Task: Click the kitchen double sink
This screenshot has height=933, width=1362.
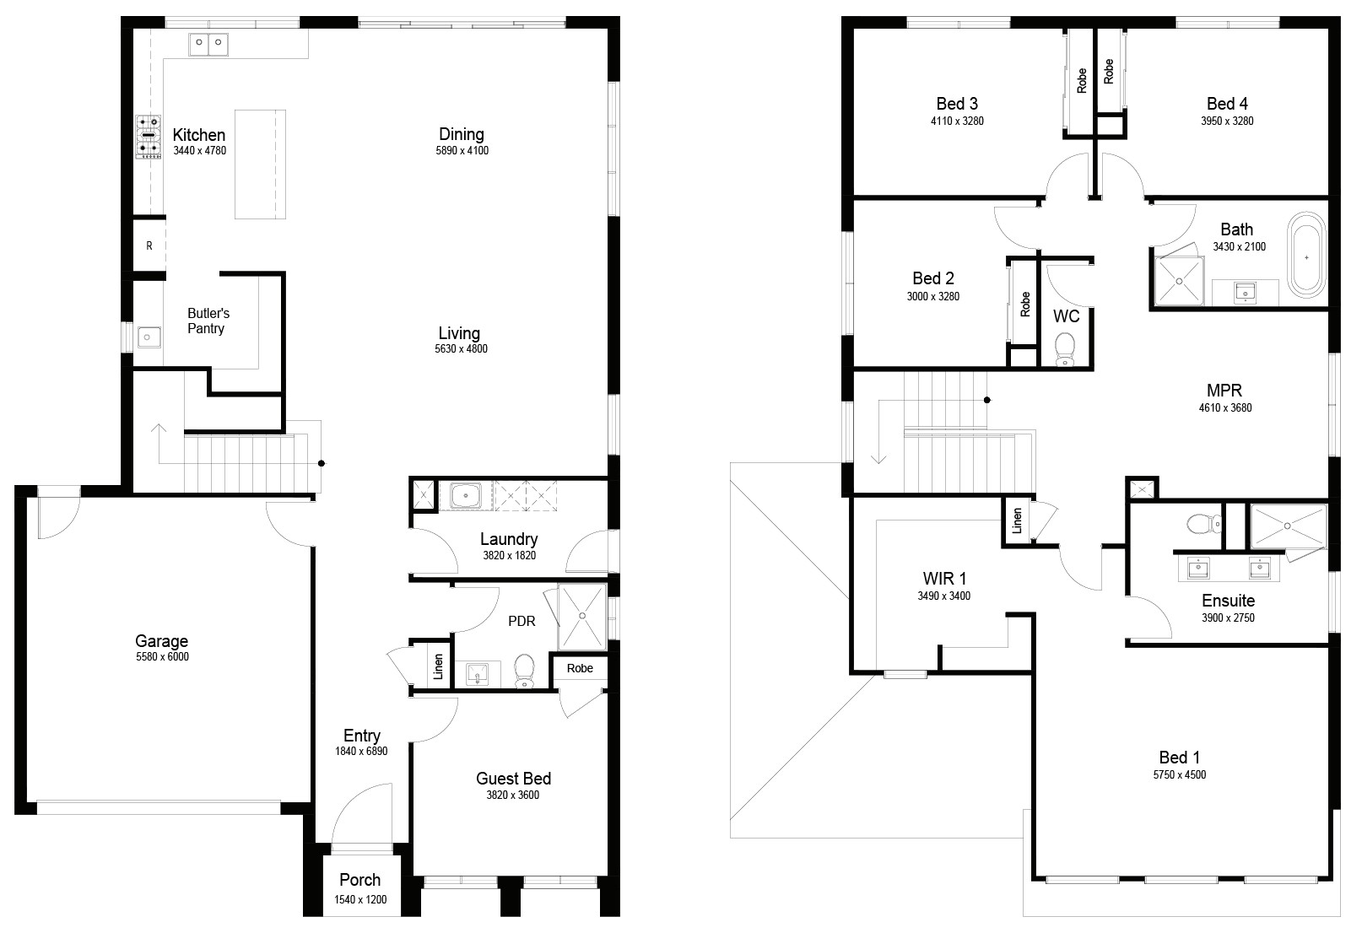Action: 208,45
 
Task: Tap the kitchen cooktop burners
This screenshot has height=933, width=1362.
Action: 149,138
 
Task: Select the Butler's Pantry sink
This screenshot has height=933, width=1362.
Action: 149,337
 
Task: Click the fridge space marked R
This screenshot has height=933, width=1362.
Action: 149,246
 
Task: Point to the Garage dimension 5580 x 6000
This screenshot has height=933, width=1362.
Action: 162,657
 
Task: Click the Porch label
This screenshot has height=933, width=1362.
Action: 360,880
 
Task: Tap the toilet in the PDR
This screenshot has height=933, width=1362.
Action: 524,671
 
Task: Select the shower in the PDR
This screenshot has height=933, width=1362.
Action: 582,617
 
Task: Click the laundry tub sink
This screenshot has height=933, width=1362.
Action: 465,496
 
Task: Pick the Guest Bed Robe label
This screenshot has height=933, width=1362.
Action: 580,669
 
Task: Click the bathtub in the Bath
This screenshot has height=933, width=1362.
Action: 1306,256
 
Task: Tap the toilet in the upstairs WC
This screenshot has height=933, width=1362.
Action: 1064,349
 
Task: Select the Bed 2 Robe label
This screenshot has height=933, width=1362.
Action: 1025,304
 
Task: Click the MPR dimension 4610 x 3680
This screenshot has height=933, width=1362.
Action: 1225,407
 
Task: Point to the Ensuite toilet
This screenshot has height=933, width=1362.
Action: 1204,523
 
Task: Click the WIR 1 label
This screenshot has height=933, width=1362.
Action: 944,579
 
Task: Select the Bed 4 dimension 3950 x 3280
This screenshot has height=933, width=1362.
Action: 1227,121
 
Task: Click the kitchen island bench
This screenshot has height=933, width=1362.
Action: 260,164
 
